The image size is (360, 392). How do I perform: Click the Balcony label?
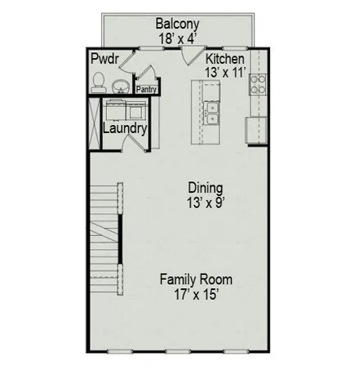point(178,23)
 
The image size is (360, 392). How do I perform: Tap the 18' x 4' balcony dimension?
point(178,37)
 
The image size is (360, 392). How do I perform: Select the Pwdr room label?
point(104,60)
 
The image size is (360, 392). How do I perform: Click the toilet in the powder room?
point(98,80)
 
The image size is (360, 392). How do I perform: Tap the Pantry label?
point(146,90)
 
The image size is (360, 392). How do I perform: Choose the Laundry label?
point(125,129)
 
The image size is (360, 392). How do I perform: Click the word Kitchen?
point(224,60)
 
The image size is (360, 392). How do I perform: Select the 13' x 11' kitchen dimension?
point(224,73)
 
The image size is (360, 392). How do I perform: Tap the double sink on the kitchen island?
point(213,114)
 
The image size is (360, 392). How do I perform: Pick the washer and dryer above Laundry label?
point(125,109)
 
